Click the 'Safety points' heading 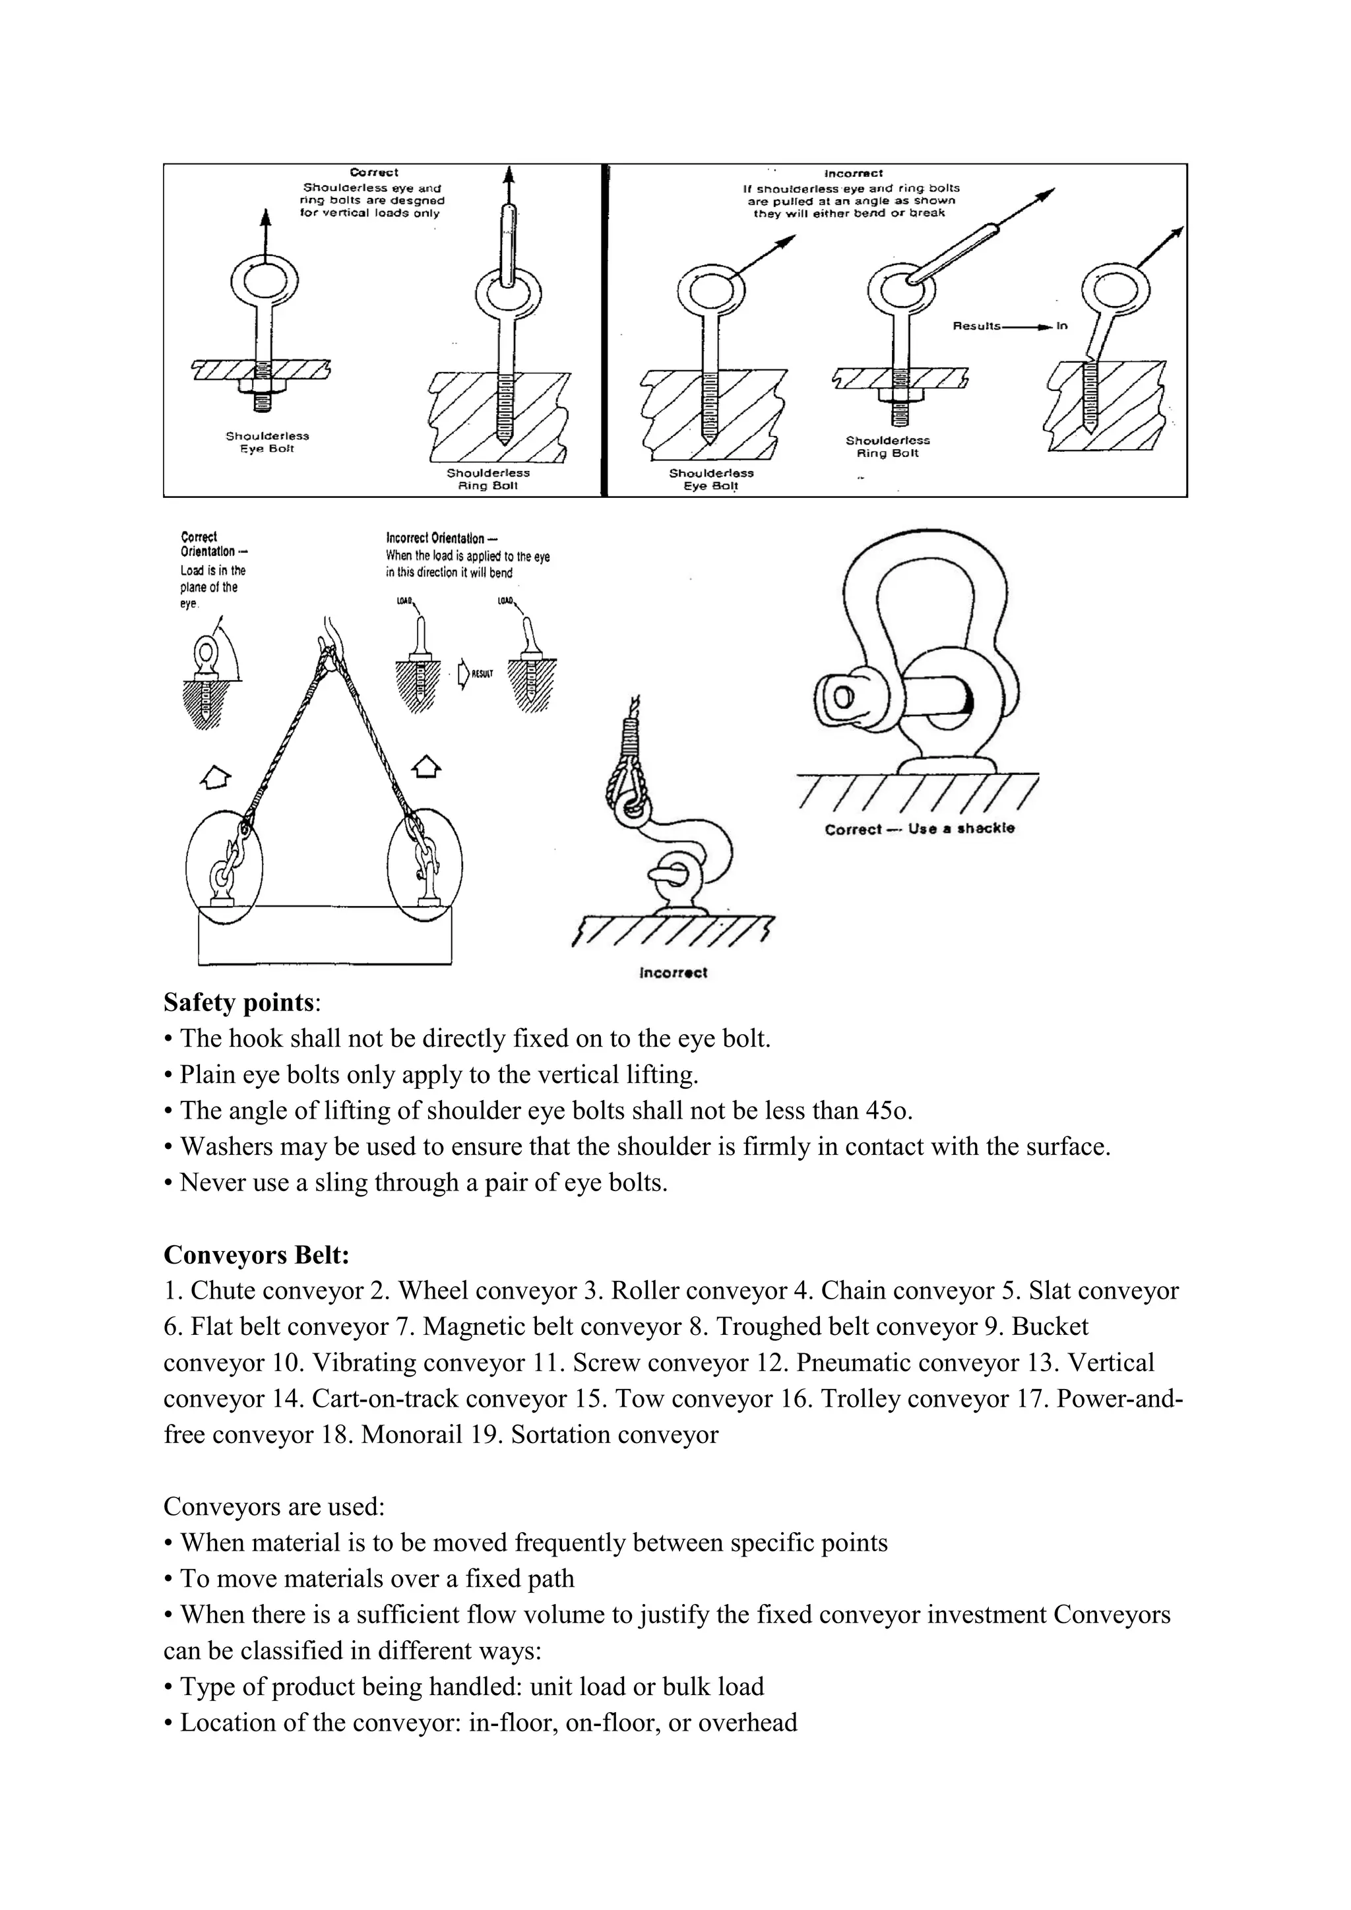238,1002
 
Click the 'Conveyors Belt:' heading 256,1254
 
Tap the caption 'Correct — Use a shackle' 919,830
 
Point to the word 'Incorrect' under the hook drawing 674,972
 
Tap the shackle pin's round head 842,697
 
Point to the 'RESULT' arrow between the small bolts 474,675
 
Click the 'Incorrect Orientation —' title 442,538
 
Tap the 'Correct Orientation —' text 213,545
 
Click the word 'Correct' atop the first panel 373,172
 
